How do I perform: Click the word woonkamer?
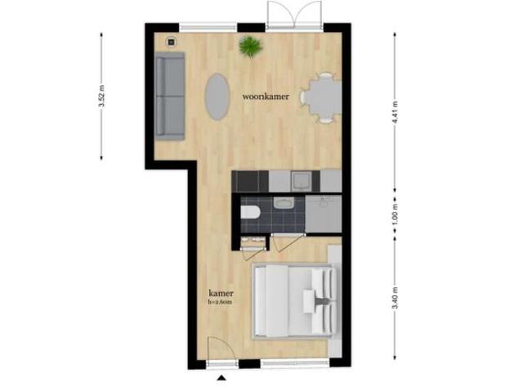tap(265, 97)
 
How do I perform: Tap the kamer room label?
tap(221, 293)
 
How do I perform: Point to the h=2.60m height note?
tap(221, 302)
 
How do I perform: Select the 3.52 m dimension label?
tap(101, 97)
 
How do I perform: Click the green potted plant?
tap(248, 47)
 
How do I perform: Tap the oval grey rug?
tap(217, 97)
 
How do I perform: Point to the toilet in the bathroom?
tap(251, 214)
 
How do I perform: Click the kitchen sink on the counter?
tap(300, 180)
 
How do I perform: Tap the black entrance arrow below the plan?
tap(221, 378)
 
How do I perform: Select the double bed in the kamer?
tap(293, 303)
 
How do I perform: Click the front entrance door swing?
tap(219, 350)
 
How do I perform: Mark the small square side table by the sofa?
tap(172, 41)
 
